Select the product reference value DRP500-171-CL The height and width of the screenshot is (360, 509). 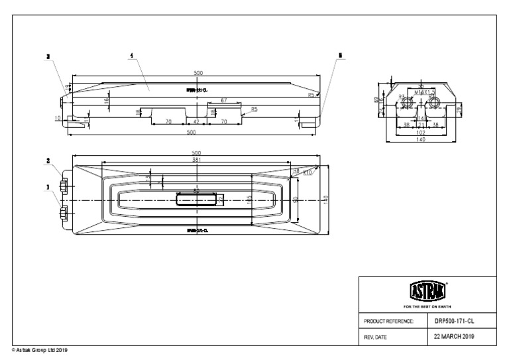coord(454,320)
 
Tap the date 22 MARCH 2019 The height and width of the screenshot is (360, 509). coord(454,337)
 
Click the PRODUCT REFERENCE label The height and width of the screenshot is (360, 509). coord(389,321)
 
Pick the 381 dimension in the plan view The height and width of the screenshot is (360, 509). coord(196,159)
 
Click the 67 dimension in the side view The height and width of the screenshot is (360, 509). coord(225,100)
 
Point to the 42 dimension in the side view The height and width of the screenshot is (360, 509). coord(196,122)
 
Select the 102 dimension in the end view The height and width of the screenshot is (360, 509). coord(421,132)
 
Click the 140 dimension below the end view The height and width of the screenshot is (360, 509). coord(421,139)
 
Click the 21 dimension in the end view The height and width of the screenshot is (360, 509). coord(421,124)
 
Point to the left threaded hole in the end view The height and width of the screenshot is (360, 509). coord(408,102)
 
